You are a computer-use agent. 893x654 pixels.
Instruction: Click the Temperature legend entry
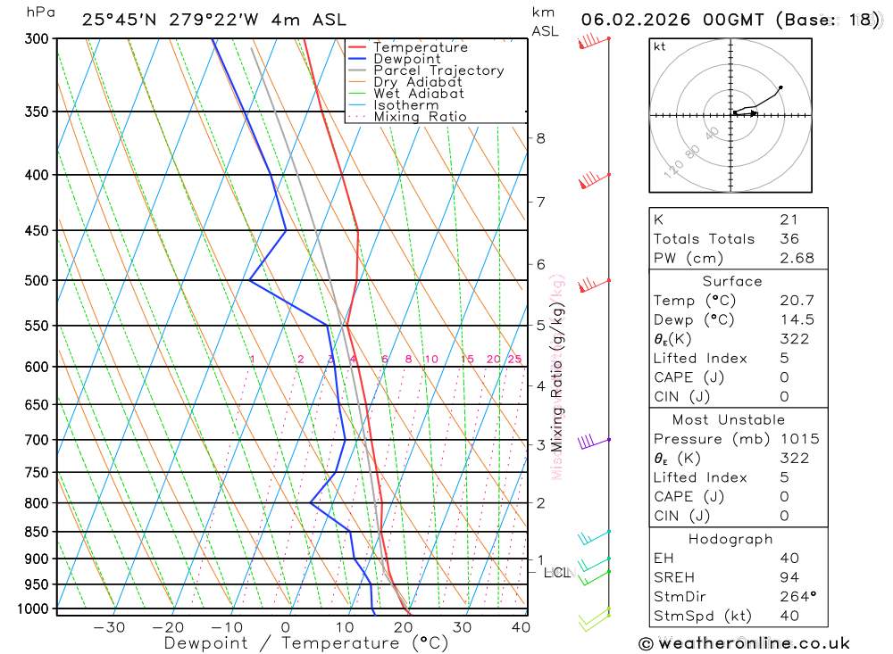[420, 47]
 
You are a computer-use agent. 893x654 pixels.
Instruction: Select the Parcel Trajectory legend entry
[438, 70]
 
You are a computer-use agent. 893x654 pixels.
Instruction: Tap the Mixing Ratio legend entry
[420, 117]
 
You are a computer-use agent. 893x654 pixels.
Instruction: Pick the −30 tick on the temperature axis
[109, 627]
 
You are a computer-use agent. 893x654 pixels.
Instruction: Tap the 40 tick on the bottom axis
[520, 627]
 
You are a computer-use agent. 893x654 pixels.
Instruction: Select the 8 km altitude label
[540, 137]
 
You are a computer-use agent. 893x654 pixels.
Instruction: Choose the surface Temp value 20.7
[797, 301]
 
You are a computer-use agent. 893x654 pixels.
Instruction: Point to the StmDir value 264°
[797, 597]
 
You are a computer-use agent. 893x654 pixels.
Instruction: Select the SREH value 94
[789, 577]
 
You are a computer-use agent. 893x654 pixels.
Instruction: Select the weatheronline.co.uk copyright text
[744, 642]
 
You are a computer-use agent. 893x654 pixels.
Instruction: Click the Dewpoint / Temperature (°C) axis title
[305, 642]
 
